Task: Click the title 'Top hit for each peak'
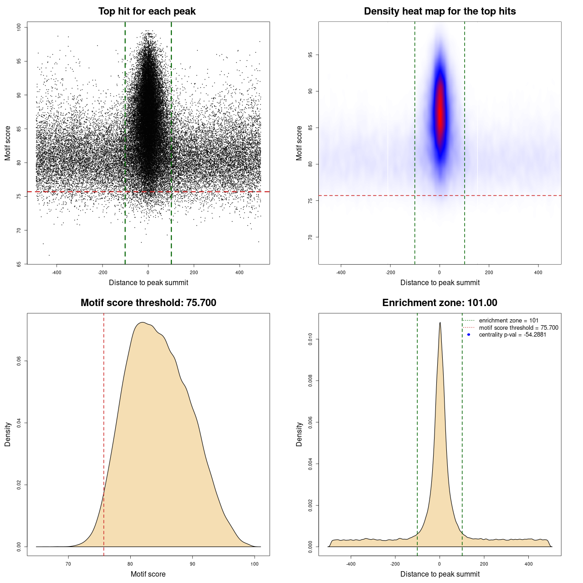[147, 11]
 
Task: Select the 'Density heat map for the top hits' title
[440, 11]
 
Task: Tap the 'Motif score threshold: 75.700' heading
[148, 303]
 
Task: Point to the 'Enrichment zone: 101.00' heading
[440, 303]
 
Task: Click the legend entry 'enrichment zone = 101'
[508, 321]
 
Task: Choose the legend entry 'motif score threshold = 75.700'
[518, 327]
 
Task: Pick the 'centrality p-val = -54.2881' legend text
[512, 335]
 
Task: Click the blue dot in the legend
[469, 335]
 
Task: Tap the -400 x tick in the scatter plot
[56, 272]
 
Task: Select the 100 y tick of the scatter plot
[19, 27]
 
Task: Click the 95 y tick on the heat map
[310, 55]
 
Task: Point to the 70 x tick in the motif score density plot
[68, 564]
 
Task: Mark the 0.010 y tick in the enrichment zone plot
[310, 339]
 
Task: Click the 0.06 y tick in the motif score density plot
[19, 361]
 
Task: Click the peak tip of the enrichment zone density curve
[440, 323]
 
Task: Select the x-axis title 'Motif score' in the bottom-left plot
[148, 574]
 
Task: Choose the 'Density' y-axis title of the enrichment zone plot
[299, 434]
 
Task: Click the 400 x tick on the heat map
[538, 272]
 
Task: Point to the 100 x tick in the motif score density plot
[255, 564]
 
